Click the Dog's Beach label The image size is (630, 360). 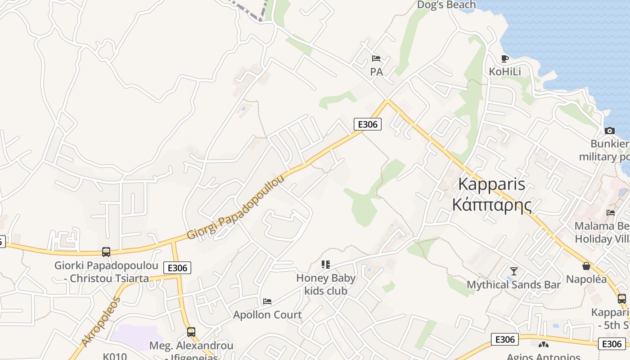(x=446, y=5)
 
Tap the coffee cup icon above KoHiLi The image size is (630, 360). (x=504, y=58)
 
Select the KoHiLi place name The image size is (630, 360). (x=505, y=72)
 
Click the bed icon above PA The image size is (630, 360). (x=376, y=58)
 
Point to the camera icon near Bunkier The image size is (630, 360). (x=610, y=130)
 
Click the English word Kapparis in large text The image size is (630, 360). (x=492, y=184)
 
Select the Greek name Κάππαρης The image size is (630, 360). (x=492, y=205)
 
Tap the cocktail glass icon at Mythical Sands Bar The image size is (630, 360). (x=513, y=271)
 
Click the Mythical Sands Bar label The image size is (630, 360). (x=513, y=284)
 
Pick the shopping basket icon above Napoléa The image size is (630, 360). (x=586, y=266)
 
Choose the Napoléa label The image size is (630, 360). (x=586, y=279)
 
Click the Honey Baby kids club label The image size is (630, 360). (x=326, y=284)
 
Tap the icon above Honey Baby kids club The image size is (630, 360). (x=326, y=265)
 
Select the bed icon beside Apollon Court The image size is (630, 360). (x=267, y=301)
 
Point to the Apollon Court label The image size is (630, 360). (x=267, y=315)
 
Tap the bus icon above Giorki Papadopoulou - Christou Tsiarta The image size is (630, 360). (x=106, y=252)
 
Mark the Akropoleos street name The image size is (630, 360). (x=102, y=321)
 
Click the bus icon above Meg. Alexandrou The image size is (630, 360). (x=191, y=332)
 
